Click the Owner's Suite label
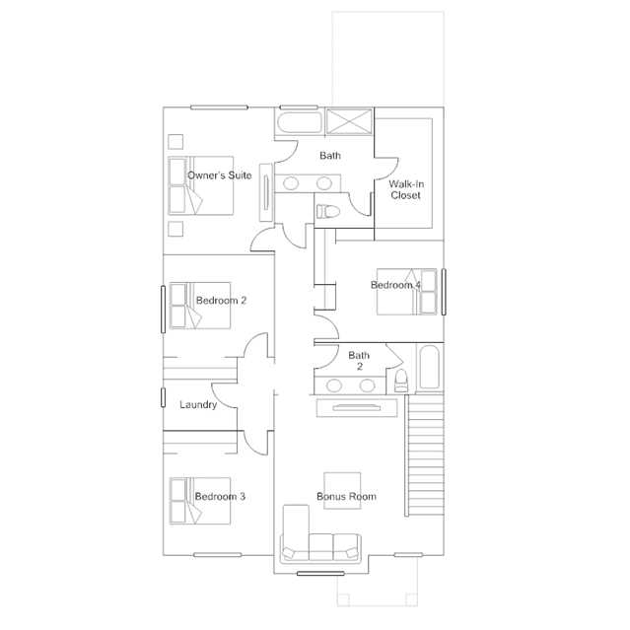tap(220, 175)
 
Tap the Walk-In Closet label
tap(406, 189)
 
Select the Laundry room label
tap(198, 404)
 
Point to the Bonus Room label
tap(346, 497)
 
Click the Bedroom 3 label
tap(220, 497)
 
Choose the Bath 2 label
tap(359, 361)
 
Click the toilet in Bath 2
tap(400, 381)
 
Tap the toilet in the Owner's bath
tap(327, 211)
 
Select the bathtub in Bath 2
tap(429, 367)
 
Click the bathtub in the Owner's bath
tap(300, 122)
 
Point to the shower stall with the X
tap(349, 121)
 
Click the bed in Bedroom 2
tap(200, 306)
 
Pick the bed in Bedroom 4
tap(406, 291)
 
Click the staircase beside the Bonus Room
tap(424, 455)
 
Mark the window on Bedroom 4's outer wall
tap(444, 292)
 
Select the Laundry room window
tap(163, 397)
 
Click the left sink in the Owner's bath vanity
tap(291, 183)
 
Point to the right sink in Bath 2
tap(367, 385)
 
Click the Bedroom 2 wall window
tap(163, 310)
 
